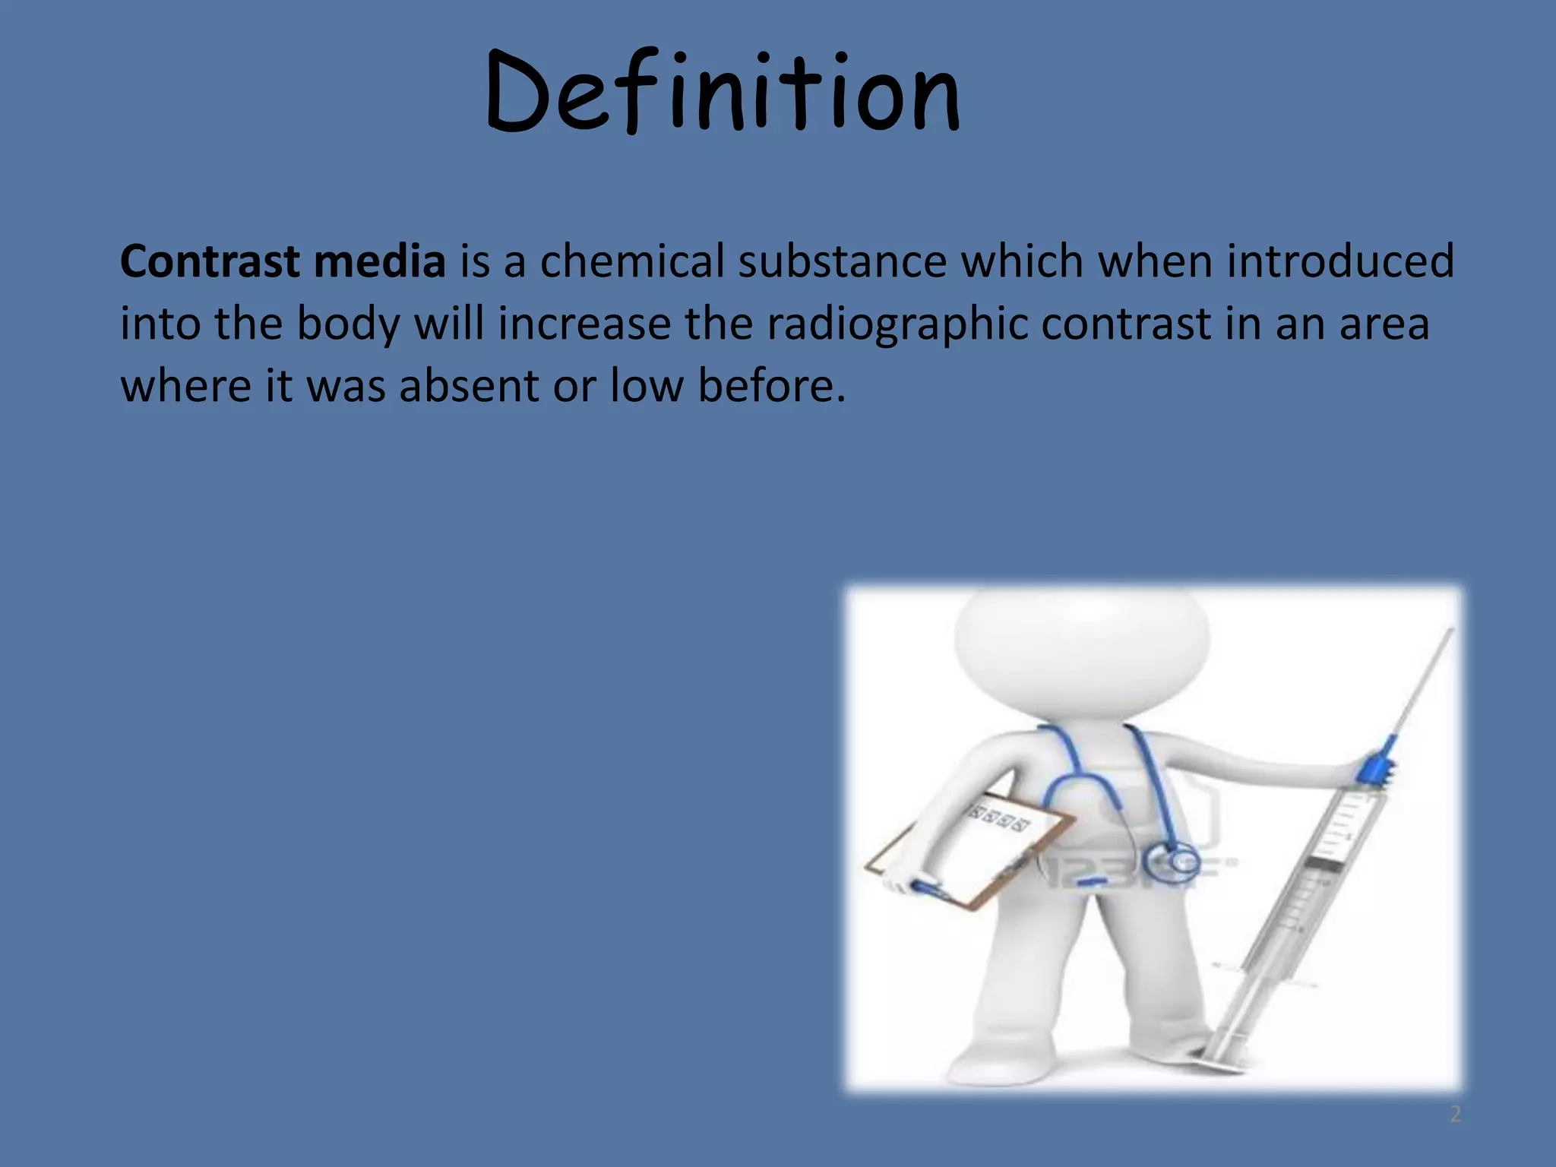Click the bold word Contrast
coord(210,261)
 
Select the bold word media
coord(379,261)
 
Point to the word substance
coord(843,261)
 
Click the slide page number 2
coord(1455,1115)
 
